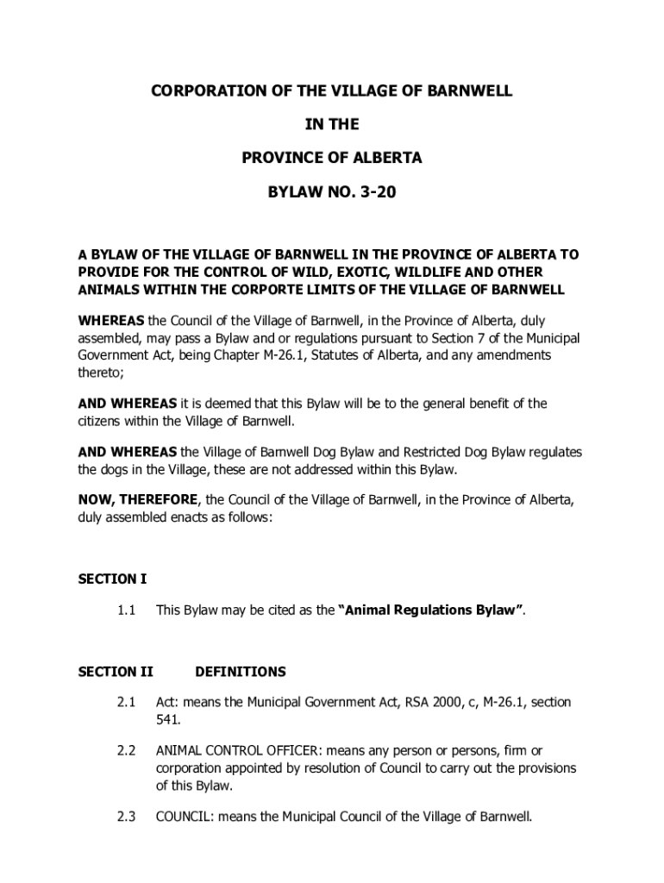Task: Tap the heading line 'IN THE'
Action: pos(332,125)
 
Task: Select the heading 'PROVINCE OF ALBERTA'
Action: pos(332,159)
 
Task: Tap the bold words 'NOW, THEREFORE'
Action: pos(138,500)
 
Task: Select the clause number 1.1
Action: pos(127,611)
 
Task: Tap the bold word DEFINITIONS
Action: pos(241,671)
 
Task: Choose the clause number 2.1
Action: pos(127,703)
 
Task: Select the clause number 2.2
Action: pos(127,751)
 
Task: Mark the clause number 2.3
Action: pos(127,816)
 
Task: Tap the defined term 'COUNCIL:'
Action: pos(184,816)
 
